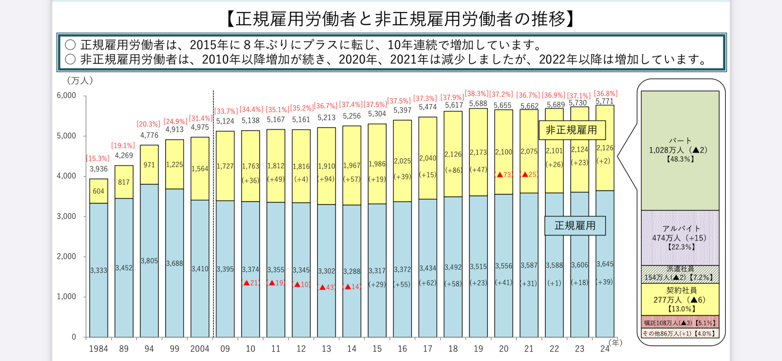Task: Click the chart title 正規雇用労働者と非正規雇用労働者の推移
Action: point(400,19)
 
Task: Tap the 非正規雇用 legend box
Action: point(572,130)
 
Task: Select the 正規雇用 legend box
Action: point(575,226)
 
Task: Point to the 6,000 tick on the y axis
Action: point(66,96)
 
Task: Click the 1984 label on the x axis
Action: point(98,349)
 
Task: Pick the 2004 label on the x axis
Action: point(199,349)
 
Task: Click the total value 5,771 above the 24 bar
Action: point(604,102)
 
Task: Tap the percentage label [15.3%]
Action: point(98,159)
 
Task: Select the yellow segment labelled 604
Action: point(99,191)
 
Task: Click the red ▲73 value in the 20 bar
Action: point(504,175)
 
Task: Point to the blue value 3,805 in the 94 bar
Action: point(149,261)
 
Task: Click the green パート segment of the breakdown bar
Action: point(680,150)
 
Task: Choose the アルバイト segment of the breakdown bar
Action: point(680,238)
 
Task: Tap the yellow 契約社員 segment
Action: point(680,299)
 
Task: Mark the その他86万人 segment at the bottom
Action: point(680,334)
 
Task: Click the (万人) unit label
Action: point(80,81)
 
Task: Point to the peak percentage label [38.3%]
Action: point(477,94)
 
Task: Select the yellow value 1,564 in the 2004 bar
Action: point(199,169)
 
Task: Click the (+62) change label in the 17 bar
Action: point(427,282)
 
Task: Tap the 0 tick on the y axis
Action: point(74,337)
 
